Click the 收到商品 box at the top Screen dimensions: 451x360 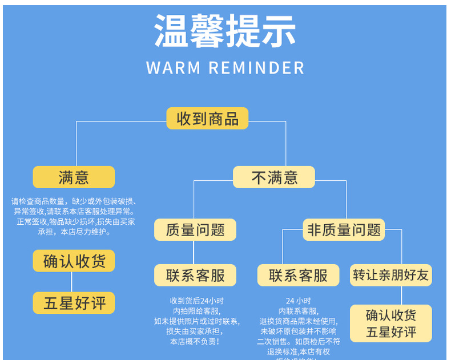(x=207, y=119)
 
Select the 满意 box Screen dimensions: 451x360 (x=74, y=177)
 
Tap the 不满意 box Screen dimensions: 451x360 (x=274, y=177)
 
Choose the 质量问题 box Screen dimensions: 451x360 (x=195, y=229)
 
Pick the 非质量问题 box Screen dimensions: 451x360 (x=344, y=229)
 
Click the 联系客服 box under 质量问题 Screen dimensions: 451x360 (x=195, y=276)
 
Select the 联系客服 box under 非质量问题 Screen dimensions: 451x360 (x=298, y=276)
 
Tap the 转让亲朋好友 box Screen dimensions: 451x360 (x=391, y=276)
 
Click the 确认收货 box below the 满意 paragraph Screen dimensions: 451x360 (x=74, y=261)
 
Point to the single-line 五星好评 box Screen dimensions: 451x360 (x=74, y=303)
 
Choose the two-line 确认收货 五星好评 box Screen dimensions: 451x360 (x=391, y=323)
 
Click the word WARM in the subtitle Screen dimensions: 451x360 (x=174, y=67)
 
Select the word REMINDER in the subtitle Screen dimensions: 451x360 (x=256, y=67)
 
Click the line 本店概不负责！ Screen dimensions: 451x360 (x=195, y=342)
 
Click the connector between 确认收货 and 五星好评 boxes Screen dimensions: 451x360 (x=71, y=282)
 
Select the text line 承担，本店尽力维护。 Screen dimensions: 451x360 (x=74, y=232)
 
